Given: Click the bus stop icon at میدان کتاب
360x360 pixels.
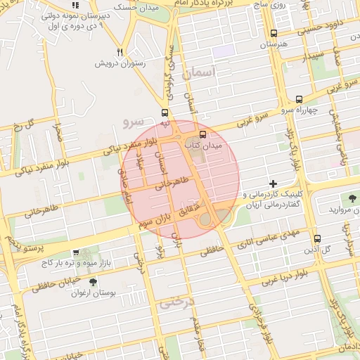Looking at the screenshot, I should coord(203,134).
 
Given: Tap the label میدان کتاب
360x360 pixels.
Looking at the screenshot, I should coord(203,145).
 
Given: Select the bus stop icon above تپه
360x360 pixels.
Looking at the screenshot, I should coord(165,112).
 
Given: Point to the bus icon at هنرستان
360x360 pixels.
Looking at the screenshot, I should coord(274,33).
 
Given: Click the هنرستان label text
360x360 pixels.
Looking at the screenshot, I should coord(274,44).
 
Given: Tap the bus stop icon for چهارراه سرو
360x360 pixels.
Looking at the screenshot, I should coord(300,99).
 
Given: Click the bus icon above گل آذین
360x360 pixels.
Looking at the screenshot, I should coord(317,238).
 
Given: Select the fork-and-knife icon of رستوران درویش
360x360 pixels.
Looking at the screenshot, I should coord(120,52).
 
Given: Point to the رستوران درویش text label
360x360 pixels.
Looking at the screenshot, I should coord(120,63).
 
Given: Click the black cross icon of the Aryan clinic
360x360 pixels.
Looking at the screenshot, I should coord(274,184).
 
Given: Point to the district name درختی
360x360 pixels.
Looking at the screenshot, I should coord(176,303).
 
